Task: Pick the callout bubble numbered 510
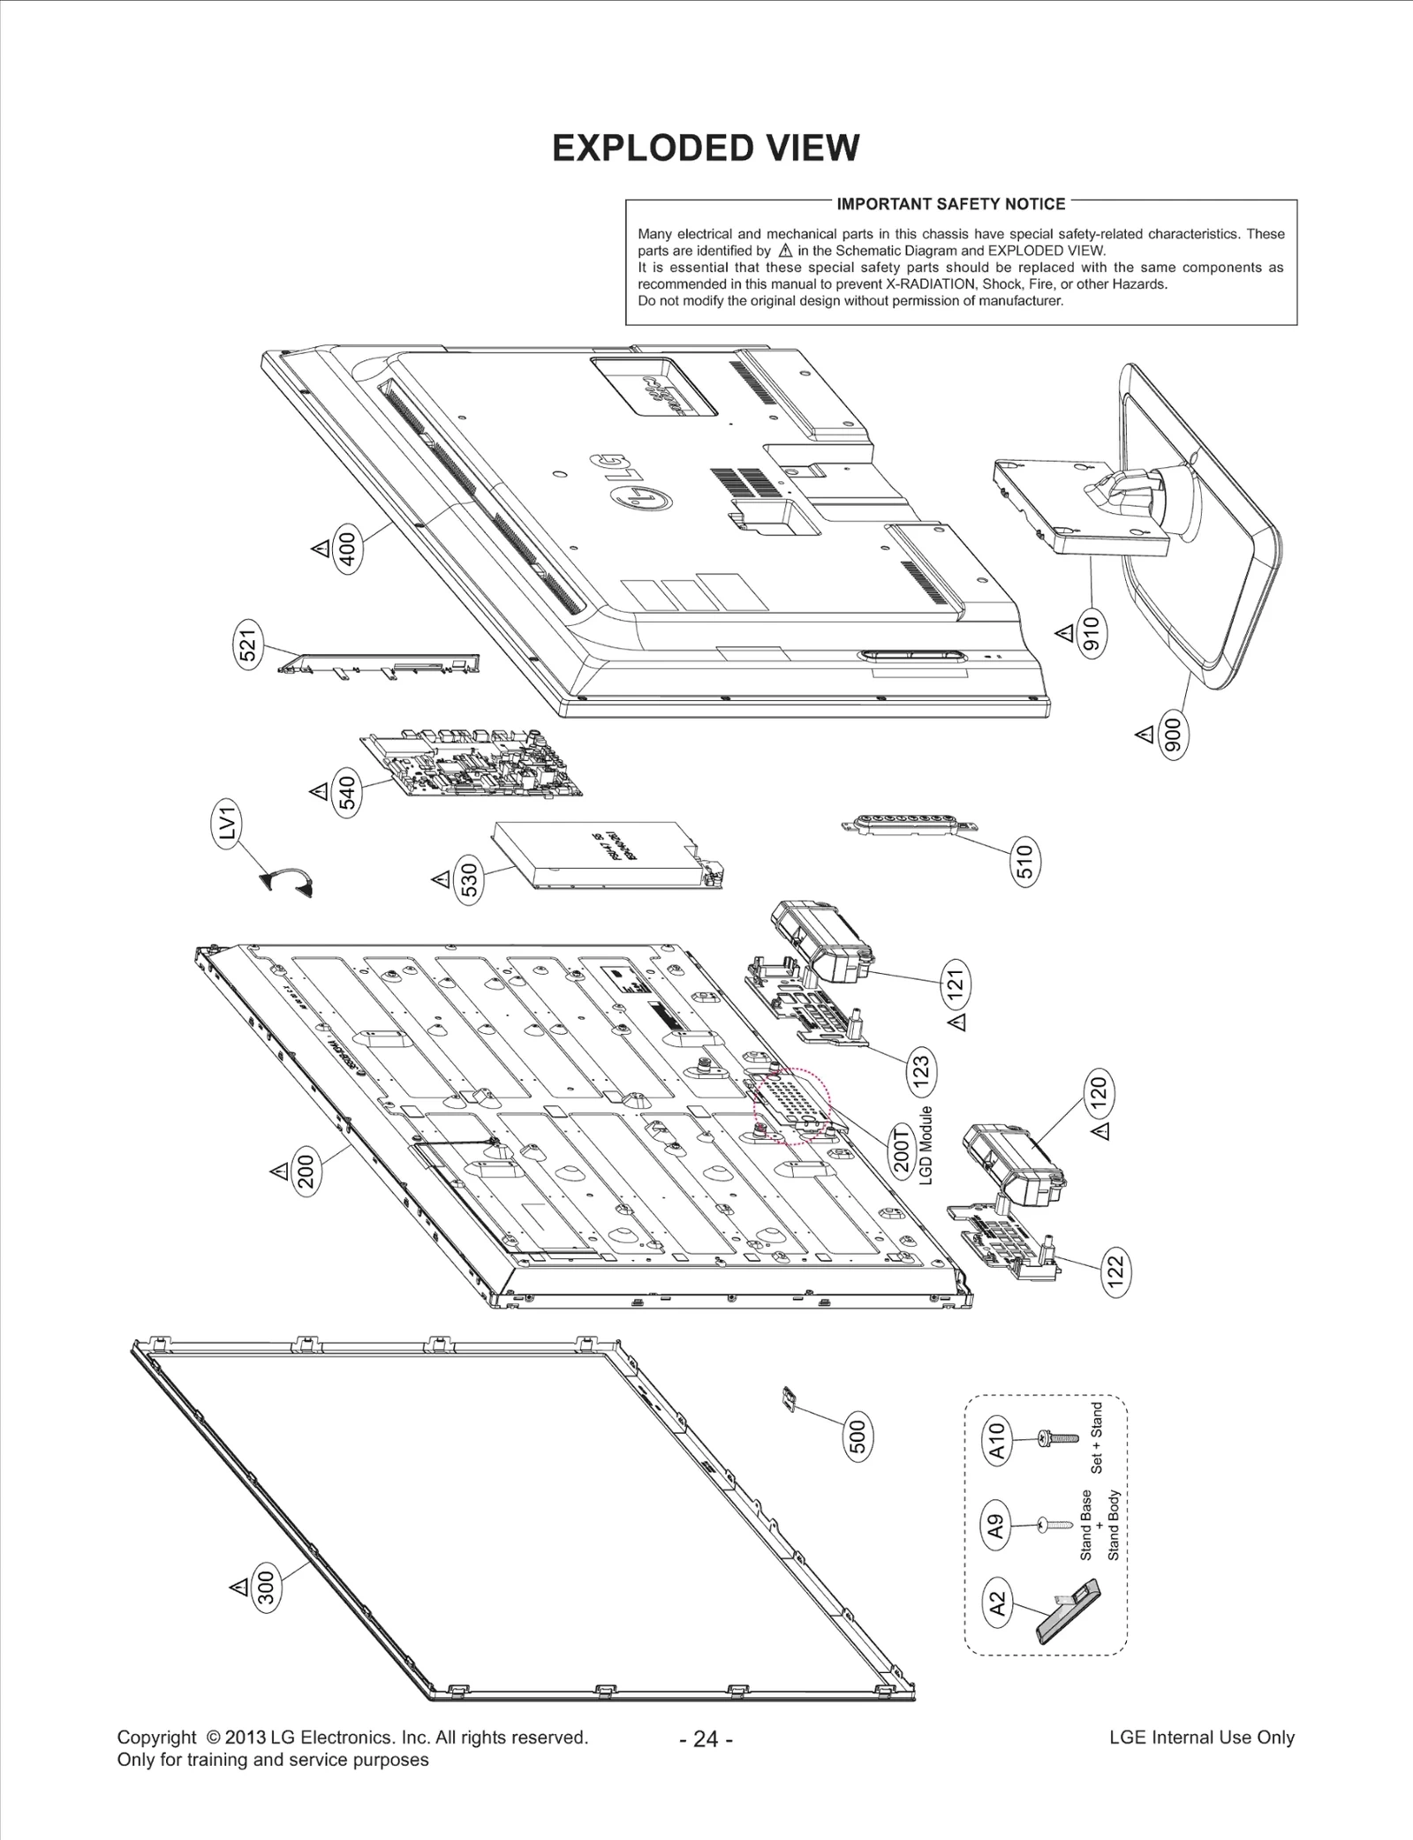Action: pyautogui.click(x=1024, y=862)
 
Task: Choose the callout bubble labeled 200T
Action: pyautogui.click(x=902, y=1149)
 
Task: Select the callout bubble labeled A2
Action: pyautogui.click(x=996, y=1604)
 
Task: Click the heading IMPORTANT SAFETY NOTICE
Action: pyautogui.click(x=950, y=204)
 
